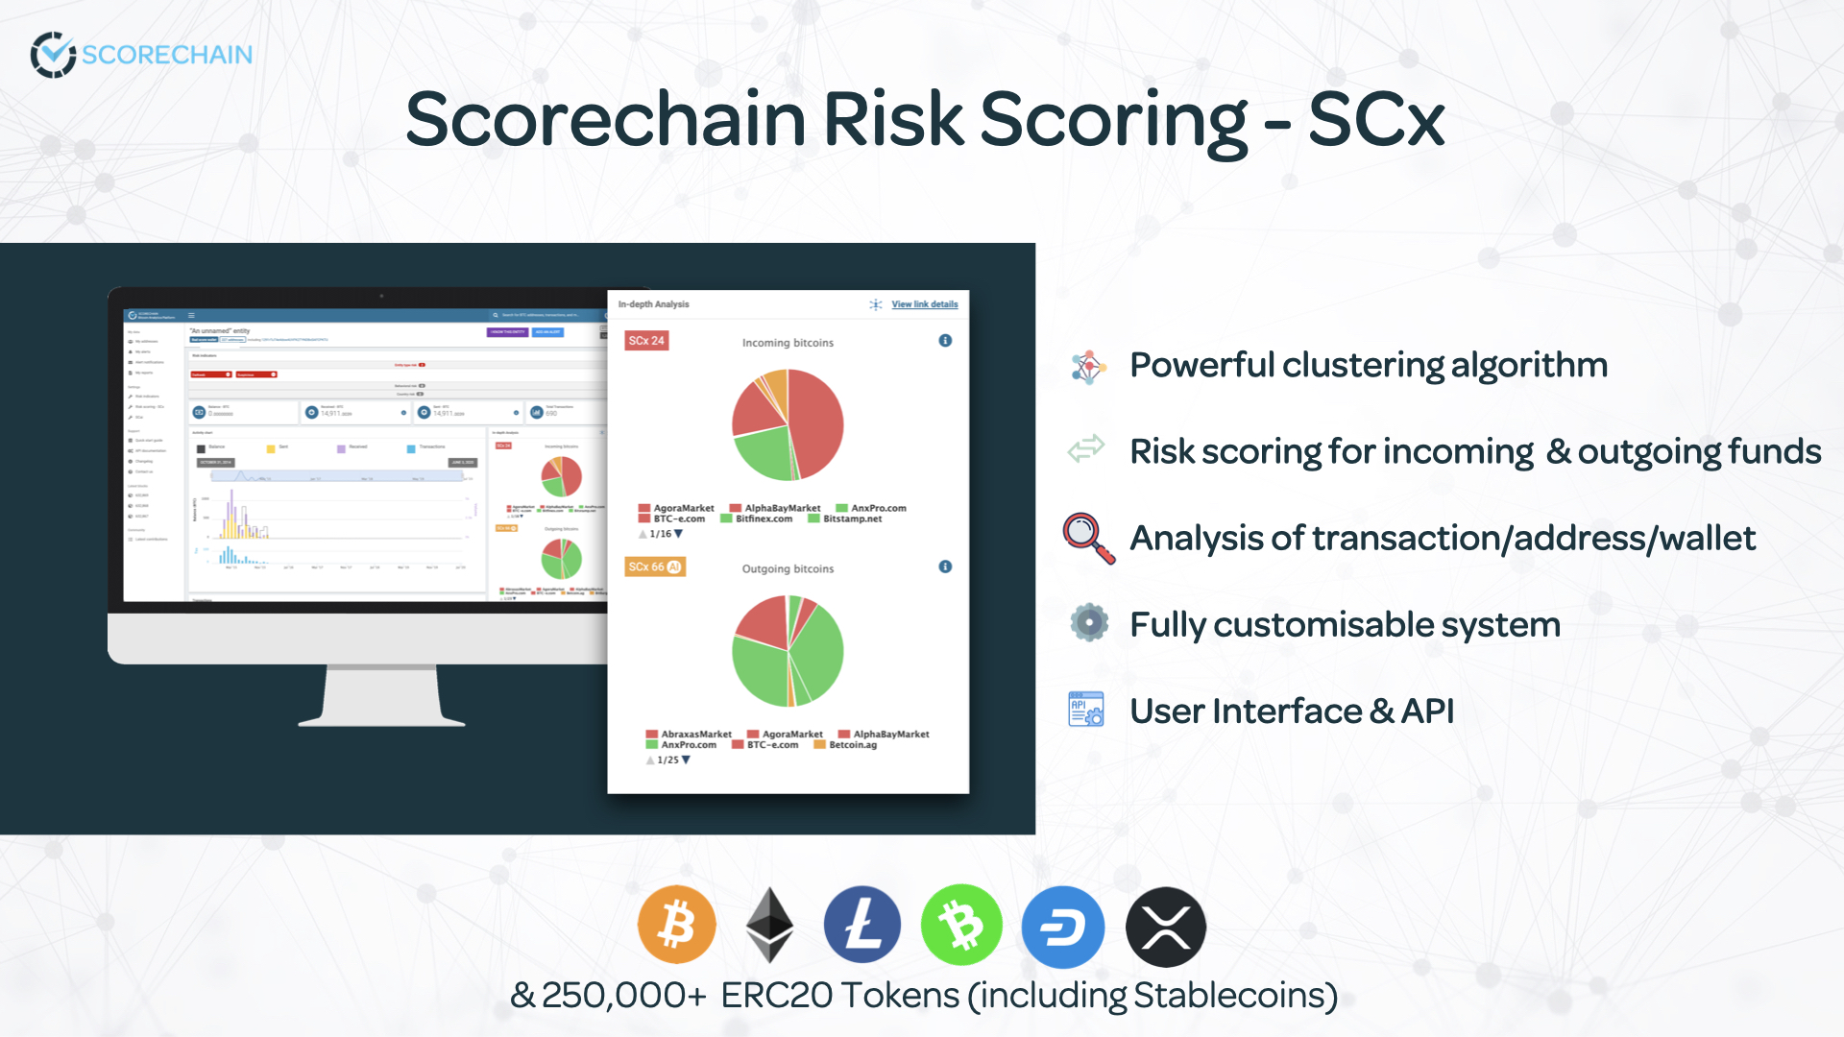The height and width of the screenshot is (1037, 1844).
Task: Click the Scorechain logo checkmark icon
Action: pyautogui.click(x=53, y=55)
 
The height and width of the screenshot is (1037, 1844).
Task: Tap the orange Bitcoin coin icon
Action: pyautogui.click(x=677, y=925)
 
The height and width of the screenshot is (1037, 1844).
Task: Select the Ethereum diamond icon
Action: pyautogui.click(x=769, y=925)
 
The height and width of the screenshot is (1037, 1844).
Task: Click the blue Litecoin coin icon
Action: pyautogui.click(x=862, y=925)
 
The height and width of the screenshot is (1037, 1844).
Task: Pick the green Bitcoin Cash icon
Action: pyautogui.click(x=961, y=925)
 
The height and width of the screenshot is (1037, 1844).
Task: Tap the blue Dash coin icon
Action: pyautogui.click(x=1062, y=927)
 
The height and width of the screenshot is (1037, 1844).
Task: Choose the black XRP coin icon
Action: pyautogui.click(x=1165, y=927)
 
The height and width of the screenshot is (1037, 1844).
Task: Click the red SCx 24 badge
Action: pyautogui.click(x=646, y=341)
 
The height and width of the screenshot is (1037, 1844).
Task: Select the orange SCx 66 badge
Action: pyautogui.click(x=654, y=567)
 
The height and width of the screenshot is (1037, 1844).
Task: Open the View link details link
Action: pyautogui.click(x=924, y=304)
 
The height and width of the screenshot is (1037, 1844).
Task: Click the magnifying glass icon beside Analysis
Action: pyautogui.click(x=1088, y=538)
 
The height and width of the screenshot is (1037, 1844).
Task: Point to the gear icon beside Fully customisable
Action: pyautogui.click(x=1089, y=623)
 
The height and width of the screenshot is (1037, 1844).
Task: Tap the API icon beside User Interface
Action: pyautogui.click(x=1086, y=710)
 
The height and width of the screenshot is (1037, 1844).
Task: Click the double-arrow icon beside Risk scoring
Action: pyautogui.click(x=1086, y=449)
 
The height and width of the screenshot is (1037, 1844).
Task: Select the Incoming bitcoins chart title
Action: pyautogui.click(x=788, y=343)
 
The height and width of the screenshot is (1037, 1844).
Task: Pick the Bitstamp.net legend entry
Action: pyautogui.click(x=852, y=519)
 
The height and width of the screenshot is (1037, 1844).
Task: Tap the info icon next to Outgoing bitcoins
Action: pyautogui.click(x=945, y=567)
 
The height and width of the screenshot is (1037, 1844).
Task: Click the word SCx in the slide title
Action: pyautogui.click(x=1375, y=120)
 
